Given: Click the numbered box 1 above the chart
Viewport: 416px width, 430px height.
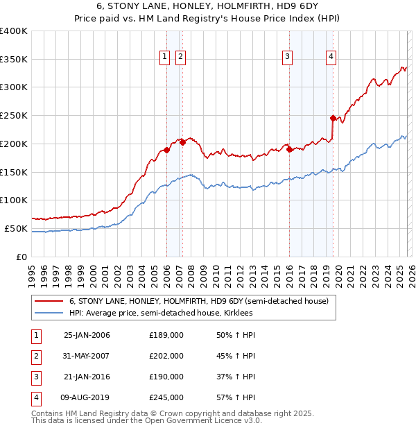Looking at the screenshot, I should coord(165,57).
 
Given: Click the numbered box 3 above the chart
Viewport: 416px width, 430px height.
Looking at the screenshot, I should coord(287,57).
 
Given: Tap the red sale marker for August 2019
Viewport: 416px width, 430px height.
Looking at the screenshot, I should coord(333,118).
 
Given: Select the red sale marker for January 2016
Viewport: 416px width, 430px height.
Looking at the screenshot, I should coord(289,149).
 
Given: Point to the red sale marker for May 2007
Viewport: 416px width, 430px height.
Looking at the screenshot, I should coord(182,142).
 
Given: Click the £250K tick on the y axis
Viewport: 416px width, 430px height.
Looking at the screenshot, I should coord(14,115).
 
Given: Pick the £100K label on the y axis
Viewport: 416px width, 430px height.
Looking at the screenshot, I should coord(14,200).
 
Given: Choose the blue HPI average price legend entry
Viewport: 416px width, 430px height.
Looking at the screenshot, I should coord(160,313).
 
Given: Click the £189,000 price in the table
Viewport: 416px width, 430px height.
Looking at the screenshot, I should coord(166,335).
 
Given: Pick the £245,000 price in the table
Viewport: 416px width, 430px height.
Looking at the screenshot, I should coord(166,397).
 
